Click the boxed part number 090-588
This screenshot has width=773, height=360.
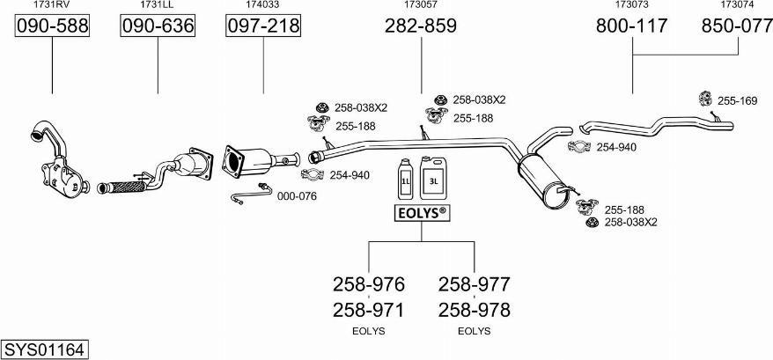coord(53,27)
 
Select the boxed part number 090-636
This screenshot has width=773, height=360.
coord(158,27)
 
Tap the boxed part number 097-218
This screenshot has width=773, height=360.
coord(263,27)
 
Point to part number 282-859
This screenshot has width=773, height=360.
coord(421,27)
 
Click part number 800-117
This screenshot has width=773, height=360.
coord(632,27)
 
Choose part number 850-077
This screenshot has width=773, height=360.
coord(737,27)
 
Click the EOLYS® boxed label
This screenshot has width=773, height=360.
coord(421,213)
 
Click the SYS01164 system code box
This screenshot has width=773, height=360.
coord(44,349)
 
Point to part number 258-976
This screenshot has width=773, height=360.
coord(368,284)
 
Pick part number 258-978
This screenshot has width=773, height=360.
coord(474,310)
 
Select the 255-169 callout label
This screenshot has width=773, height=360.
coord(737,101)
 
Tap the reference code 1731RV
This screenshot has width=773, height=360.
coord(53,5)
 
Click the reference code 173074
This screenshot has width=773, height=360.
coord(737,5)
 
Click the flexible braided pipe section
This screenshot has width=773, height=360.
coord(118,187)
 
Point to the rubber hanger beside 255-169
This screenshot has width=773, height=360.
coord(704,99)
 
